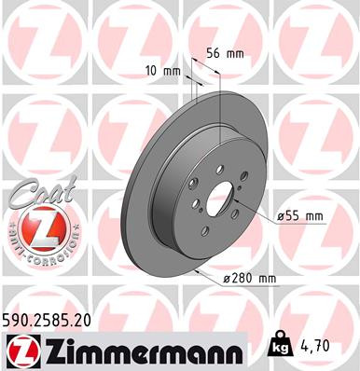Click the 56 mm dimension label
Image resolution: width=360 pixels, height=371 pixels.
(x=228, y=53)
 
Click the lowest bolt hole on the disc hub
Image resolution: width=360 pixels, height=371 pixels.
(x=207, y=236)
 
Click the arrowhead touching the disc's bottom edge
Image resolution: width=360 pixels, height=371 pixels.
(x=199, y=272)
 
